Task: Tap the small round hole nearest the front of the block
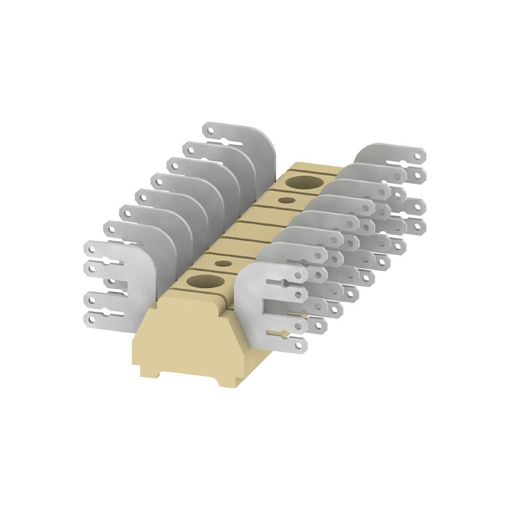(x=223, y=263)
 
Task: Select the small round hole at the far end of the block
(x=287, y=200)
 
